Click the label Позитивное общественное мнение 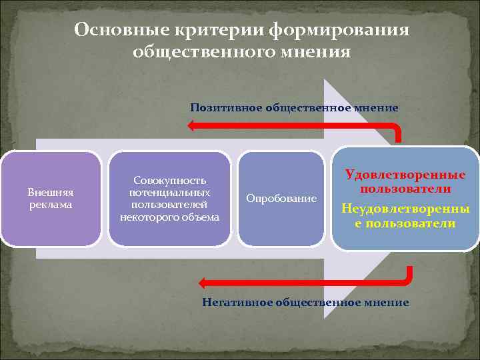coord(294,107)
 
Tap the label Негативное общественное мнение coord(305,302)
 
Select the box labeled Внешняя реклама coord(51,199)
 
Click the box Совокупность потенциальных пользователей coord(169,199)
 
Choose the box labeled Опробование coord(281,199)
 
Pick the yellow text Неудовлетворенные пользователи coord(405,216)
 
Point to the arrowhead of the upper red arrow coord(193,125)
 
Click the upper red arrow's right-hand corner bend coord(398,127)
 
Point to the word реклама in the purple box coord(51,205)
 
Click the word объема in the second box coord(199,217)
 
